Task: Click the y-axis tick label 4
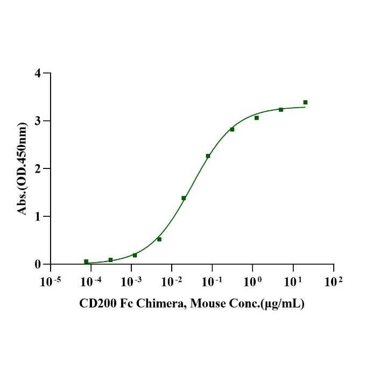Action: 38,73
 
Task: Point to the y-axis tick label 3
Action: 38,121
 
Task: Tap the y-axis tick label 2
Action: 38,168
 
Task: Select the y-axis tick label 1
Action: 38,216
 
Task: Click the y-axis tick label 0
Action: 38,264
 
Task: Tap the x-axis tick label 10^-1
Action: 212,281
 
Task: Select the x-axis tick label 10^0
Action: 252,281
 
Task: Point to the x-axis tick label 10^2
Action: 334,281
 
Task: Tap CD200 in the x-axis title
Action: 96,304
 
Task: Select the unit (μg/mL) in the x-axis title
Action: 284,304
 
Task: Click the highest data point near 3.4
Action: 305,102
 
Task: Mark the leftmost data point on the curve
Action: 86,262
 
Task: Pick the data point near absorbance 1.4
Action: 184,198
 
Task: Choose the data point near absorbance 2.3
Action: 208,156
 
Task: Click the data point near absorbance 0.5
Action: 159,239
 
